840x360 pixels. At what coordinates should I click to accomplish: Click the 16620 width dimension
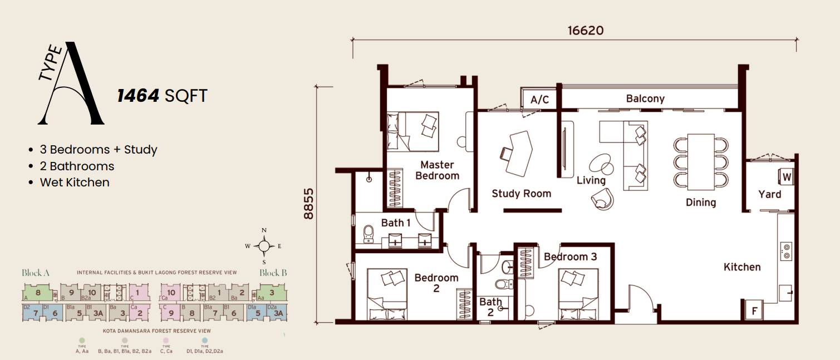tap(585, 30)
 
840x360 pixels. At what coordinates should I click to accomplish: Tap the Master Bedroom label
tap(437, 170)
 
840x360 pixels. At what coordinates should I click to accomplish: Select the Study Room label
tap(521, 194)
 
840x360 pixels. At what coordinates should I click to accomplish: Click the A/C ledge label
tap(539, 100)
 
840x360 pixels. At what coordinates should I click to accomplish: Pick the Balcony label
tap(645, 98)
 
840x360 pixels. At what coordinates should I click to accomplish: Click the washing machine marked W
tap(786, 177)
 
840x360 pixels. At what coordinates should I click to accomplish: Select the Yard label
tap(769, 194)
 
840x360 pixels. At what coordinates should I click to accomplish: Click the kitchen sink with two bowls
tap(786, 251)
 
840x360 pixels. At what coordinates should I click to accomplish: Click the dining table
tap(701, 162)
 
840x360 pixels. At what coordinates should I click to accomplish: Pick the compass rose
tap(264, 246)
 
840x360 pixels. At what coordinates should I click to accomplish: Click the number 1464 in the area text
tap(138, 96)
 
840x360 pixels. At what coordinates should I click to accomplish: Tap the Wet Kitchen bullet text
tap(74, 183)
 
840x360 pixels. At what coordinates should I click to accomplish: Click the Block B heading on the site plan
tap(273, 273)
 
